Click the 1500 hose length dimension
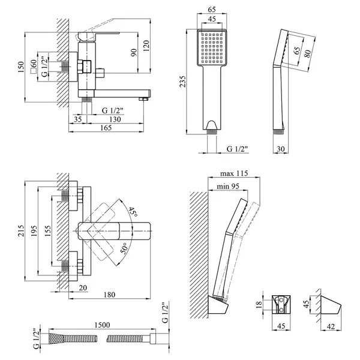[102, 325]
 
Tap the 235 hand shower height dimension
[183, 81]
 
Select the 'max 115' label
[234, 173]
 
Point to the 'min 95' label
[228, 186]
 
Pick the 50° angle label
[124, 248]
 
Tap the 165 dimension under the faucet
[106, 128]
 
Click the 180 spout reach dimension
[109, 295]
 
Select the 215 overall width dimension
[21, 231]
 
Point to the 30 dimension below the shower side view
[281, 149]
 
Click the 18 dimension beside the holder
[259, 304]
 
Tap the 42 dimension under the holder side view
[331, 326]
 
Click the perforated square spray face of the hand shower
[212, 48]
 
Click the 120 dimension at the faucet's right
[146, 46]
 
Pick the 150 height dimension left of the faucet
[21, 67]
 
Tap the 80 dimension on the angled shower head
[308, 53]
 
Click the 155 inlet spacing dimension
[47, 231]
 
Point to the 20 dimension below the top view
[83, 287]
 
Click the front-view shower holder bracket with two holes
[281, 305]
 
